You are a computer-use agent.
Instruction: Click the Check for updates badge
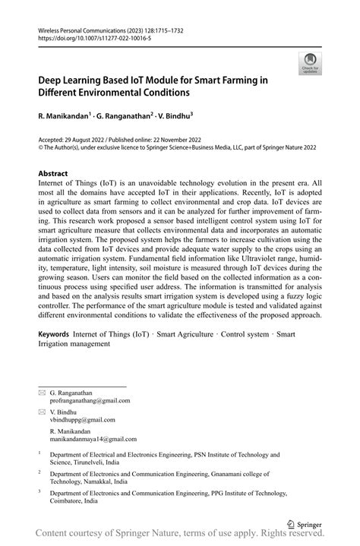tap(309, 64)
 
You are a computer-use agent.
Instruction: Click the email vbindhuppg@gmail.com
tap(83, 419)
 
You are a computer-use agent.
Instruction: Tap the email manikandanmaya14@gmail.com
tap(93, 439)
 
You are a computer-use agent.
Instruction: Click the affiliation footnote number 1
tap(39, 454)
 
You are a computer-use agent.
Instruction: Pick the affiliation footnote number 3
tap(39, 492)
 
